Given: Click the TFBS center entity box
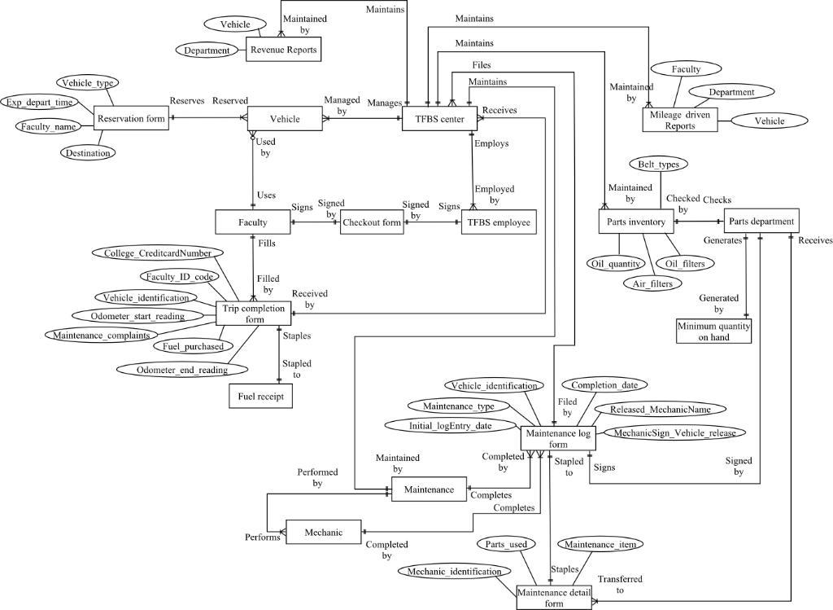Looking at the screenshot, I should pos(439,119).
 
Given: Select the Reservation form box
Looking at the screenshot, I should pos(130,119).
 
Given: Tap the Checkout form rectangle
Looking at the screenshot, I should pos(372,222).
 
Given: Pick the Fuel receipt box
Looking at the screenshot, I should pos(260,396).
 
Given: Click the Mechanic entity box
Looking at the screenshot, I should pos(323,533).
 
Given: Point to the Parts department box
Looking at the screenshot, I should pos(761,221).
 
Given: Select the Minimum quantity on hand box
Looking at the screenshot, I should pos(714,331).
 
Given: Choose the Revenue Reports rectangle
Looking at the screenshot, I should pos(283,50).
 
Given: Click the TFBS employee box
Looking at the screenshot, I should pos(499,222).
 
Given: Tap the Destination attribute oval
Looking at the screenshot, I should pos(87,152).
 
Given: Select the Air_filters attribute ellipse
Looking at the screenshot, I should pos(652,283).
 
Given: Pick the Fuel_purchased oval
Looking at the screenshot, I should pos(193,346).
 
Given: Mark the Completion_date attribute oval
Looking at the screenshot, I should pos(609,384).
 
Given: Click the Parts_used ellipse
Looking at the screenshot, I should pos(506,544).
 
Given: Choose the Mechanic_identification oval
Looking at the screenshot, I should pos(456,572).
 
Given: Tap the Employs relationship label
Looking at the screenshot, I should pos(491,143).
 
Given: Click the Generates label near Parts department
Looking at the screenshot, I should pos(722,240).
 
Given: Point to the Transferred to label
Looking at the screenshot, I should pos(620,585).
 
